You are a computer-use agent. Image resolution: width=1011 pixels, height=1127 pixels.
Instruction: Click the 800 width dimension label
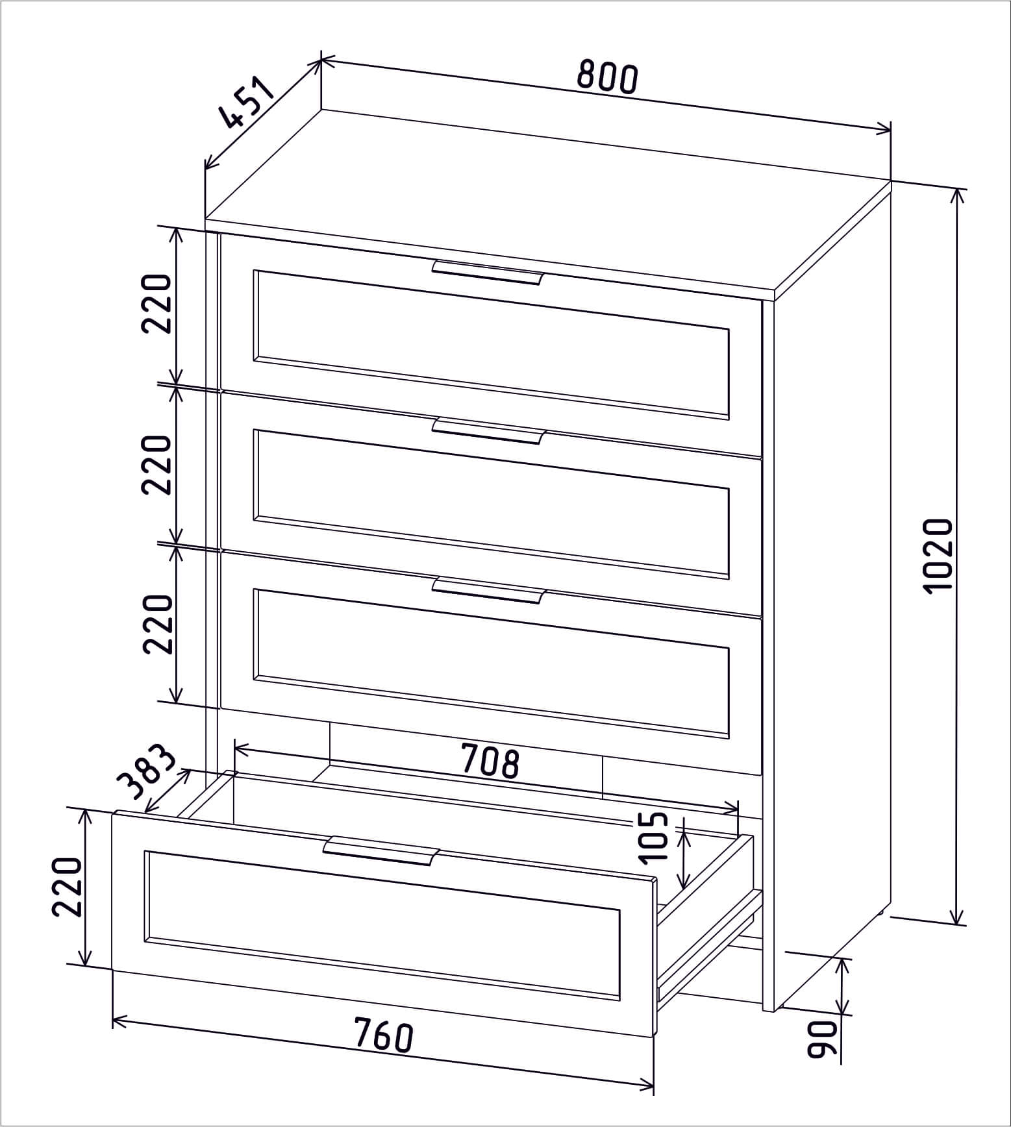coord(608,77)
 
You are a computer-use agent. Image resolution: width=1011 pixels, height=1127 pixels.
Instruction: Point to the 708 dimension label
coord(490,761)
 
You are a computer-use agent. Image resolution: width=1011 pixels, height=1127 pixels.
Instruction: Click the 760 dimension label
coord(384,1035)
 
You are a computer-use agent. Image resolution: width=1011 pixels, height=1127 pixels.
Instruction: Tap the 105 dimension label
coord(652,836)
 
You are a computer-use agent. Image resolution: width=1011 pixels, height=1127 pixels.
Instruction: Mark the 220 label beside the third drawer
coord(158,623)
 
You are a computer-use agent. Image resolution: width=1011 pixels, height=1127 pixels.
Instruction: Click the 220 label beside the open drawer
coord(67,886)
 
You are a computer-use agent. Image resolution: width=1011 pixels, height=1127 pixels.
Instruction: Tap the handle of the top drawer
coord(487,273)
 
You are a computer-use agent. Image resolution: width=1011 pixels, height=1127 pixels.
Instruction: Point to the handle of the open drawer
coord(381,850)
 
